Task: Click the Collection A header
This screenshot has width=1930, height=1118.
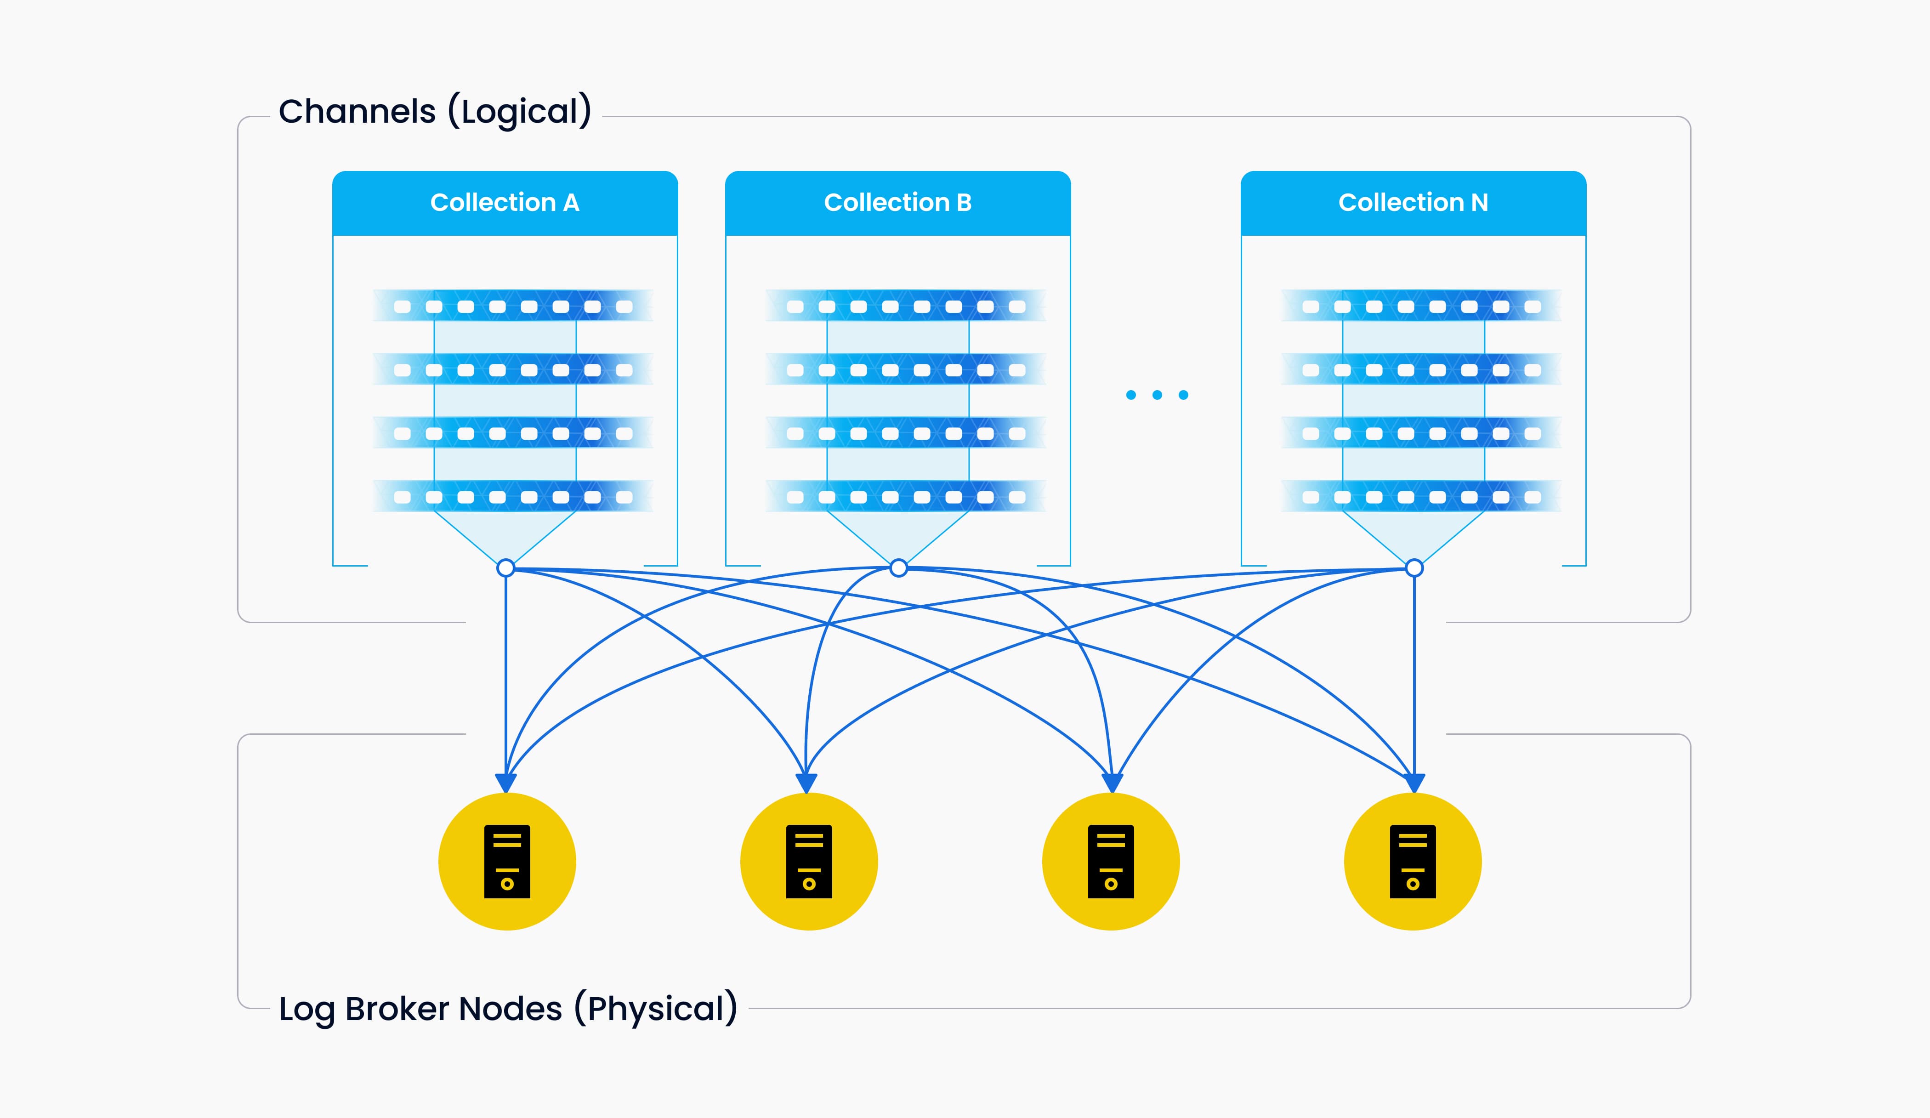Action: coord(505,203)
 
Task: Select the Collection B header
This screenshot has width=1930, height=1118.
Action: coord(897,203)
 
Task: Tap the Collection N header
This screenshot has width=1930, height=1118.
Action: coord(1413,203)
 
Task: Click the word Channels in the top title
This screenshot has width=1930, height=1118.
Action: coord(357,112)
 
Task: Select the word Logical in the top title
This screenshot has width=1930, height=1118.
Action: coord(519,112)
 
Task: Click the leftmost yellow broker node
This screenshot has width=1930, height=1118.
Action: coord(507,862)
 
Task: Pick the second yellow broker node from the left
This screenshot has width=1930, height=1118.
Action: coord(809,862)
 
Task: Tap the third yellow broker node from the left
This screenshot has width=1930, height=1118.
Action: coord(1111,862)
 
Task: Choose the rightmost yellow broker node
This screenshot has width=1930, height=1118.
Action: coord(1412,862)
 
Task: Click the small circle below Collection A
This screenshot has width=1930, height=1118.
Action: coord(505,568)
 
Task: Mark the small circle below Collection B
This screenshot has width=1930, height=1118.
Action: coord(898,568)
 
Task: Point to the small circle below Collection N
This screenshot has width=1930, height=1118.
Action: coord(1414,568)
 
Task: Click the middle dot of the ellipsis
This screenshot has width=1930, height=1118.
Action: coord(1157,395)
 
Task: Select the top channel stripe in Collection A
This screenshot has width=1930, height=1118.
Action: coord(512,306)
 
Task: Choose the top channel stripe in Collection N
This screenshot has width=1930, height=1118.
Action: coord(1421,306)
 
